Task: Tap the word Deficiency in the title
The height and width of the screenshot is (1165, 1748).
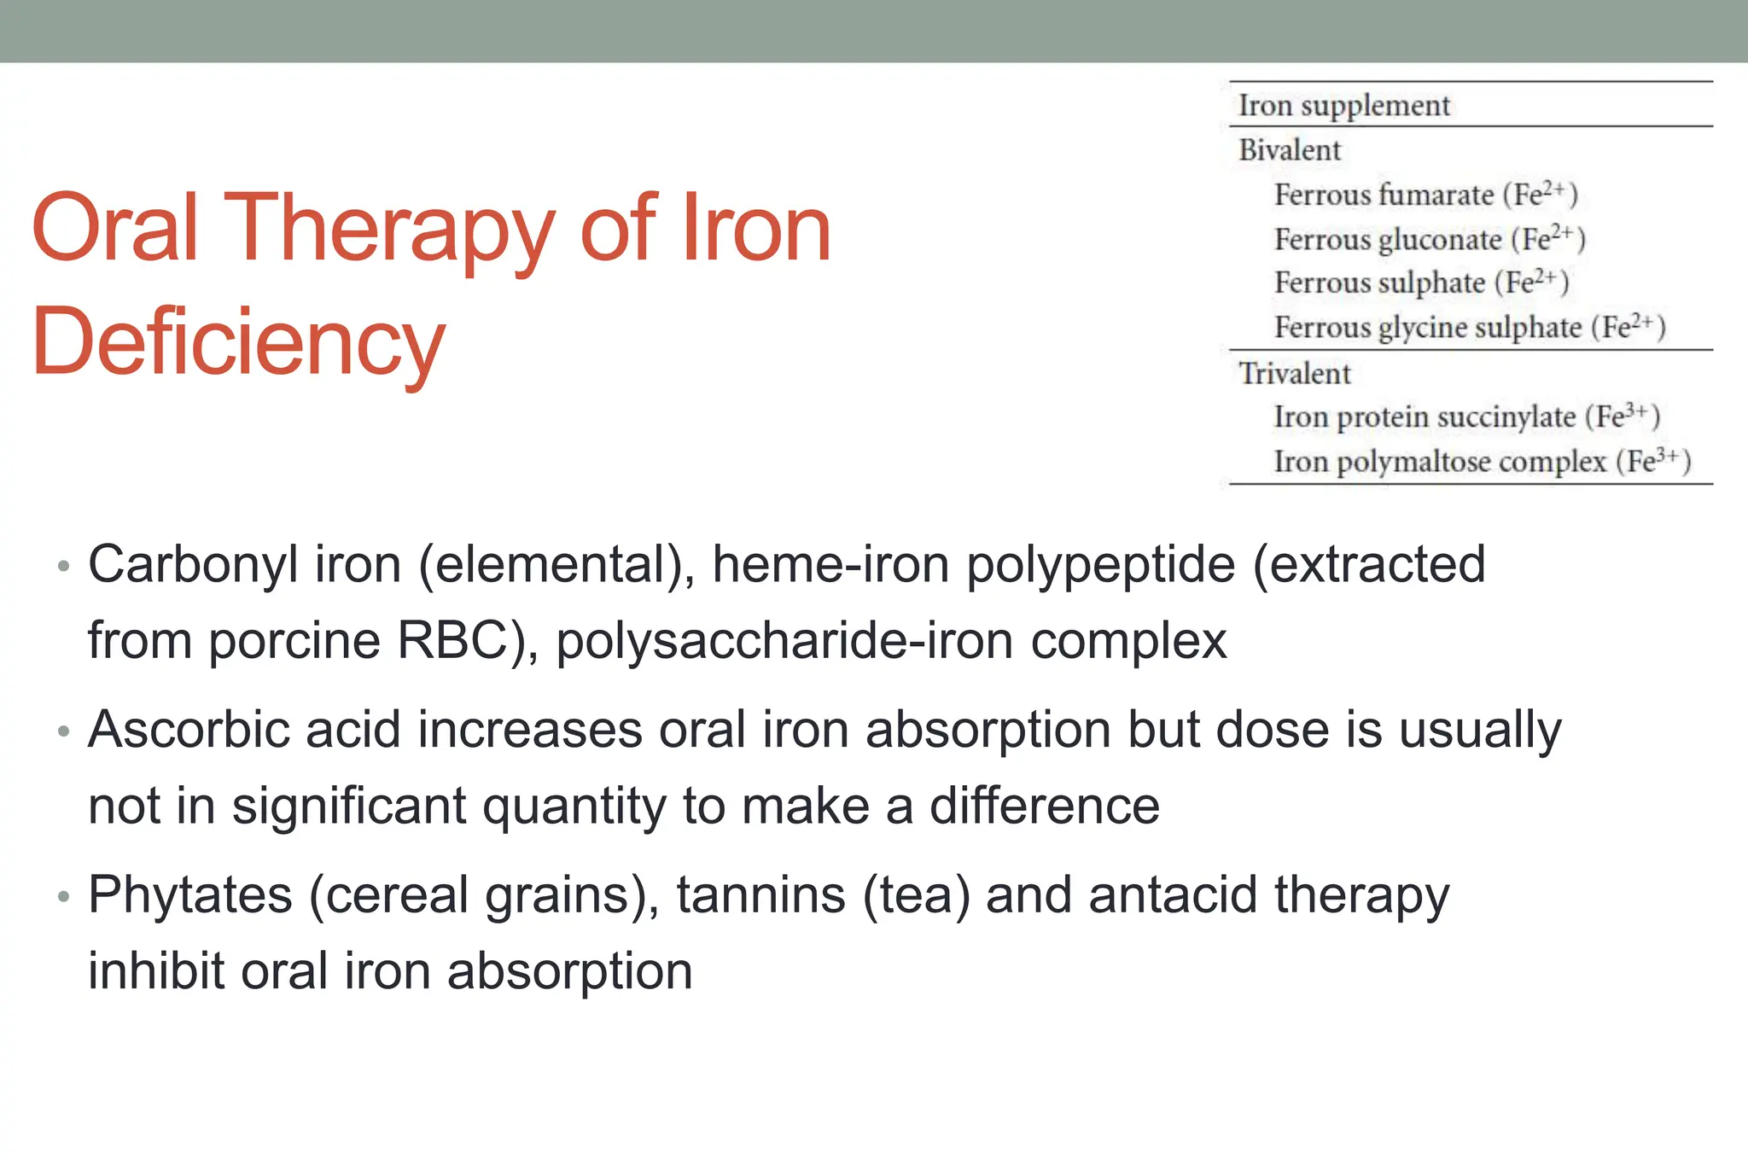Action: coord(238,341)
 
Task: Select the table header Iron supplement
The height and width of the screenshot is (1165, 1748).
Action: coord(1343,105)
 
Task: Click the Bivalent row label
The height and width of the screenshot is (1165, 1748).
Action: coord(1290,150)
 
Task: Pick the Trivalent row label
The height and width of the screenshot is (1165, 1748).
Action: coord(1295,373)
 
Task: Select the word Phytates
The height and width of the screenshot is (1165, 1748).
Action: coord(190,895)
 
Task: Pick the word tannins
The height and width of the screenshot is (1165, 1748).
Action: coord(760,895)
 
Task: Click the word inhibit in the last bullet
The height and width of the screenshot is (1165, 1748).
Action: coord(156,971)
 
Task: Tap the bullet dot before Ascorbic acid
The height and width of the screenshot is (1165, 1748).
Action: coord(62,731)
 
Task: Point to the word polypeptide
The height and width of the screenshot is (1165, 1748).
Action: coord(1100,565)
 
